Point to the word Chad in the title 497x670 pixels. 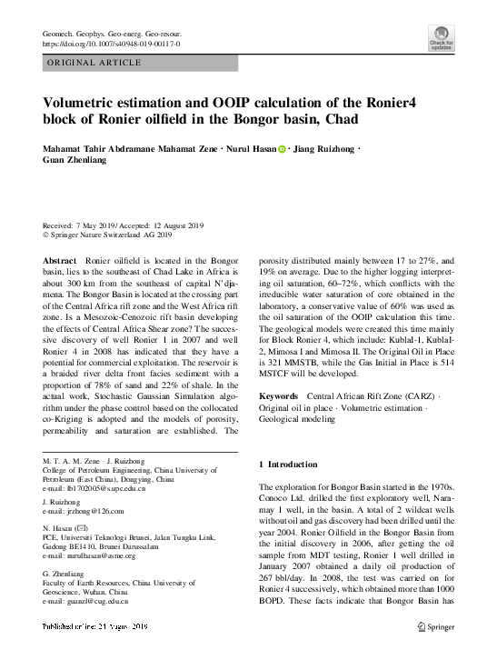click(339, 119)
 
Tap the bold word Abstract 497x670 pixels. click(60, 261)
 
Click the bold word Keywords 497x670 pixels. click(279, 397)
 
